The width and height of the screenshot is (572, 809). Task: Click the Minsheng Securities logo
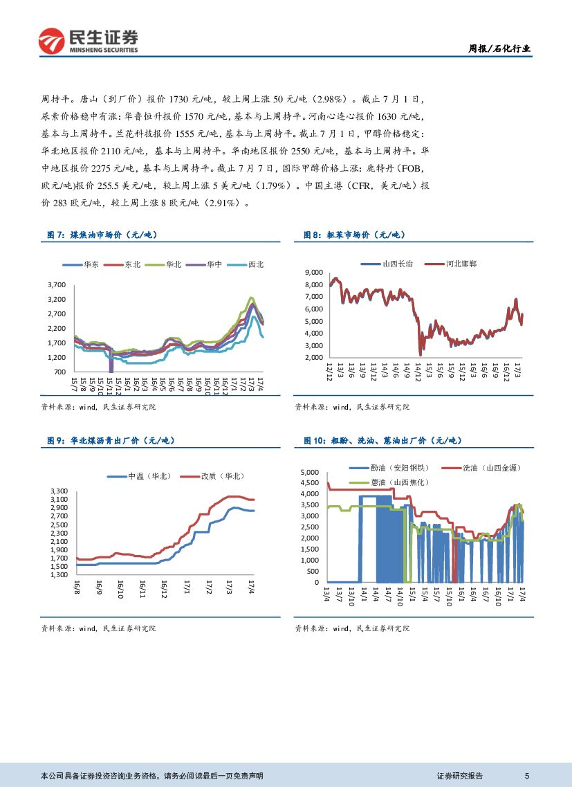pyautogui.click(x=88, y=40)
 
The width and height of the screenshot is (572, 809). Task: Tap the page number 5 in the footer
pyautogui.click(x=527, y=776)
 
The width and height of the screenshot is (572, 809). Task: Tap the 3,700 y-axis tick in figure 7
pyautogui.click(x=57, y=284)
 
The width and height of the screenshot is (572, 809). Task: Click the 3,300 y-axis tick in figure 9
pyautogui.click(x=58, y=491)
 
